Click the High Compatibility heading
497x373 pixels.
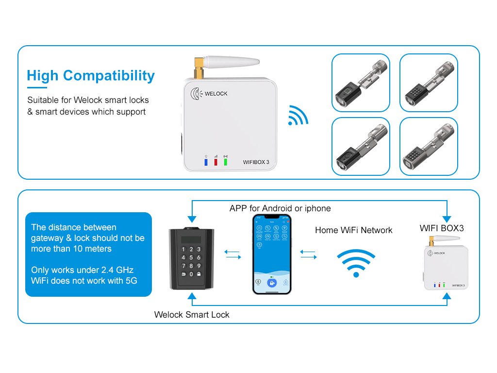click(x=91, y=76)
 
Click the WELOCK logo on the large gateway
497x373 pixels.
click(x=210, y=93)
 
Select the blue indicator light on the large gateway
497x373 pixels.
click(x=206, y=161)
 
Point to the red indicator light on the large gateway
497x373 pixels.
click(x=215, y=161)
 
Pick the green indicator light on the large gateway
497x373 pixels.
click(x=225, y=161)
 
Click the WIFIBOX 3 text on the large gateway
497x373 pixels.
click(x=256, y=162)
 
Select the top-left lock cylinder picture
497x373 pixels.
click(x=361, y=83)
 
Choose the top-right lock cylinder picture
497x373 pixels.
click(x=429, y=83)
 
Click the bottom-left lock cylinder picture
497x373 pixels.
click(x=361, y=146)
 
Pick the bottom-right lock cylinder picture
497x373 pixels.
click(x=429, y=146)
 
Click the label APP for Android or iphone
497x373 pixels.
click(x=280, y=208)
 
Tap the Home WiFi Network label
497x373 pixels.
click(x=353, y=230)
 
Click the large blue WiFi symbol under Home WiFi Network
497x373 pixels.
click(x=356, y=264)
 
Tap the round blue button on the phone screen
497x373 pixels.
click(x=272, y=283)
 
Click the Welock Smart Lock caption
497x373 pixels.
click(x=192, y=315)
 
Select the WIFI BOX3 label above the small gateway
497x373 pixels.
click(x=442, y=228)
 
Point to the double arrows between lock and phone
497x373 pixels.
click(x=232, y=254)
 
